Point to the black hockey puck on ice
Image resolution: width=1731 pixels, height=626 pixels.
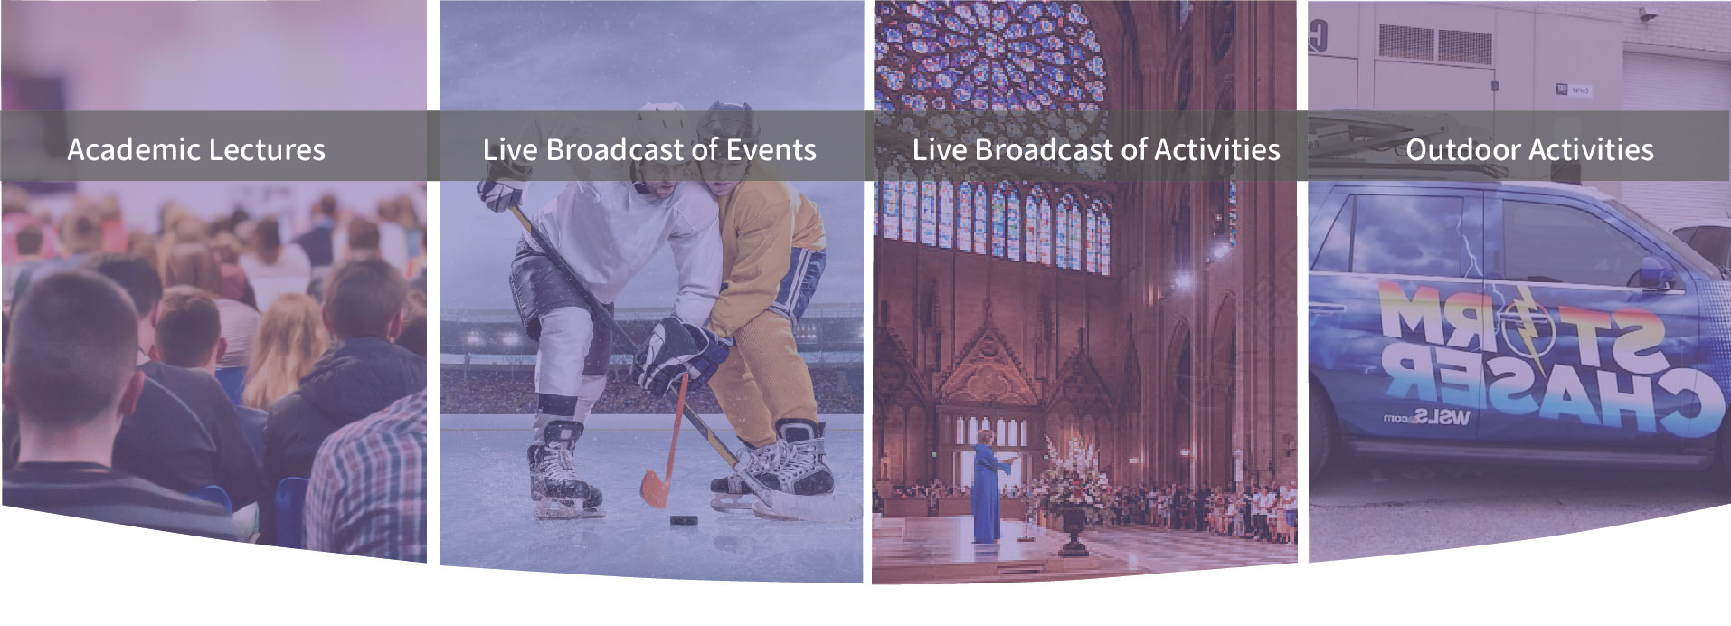(682, 521)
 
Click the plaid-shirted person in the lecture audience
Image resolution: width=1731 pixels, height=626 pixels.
(368, 479)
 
